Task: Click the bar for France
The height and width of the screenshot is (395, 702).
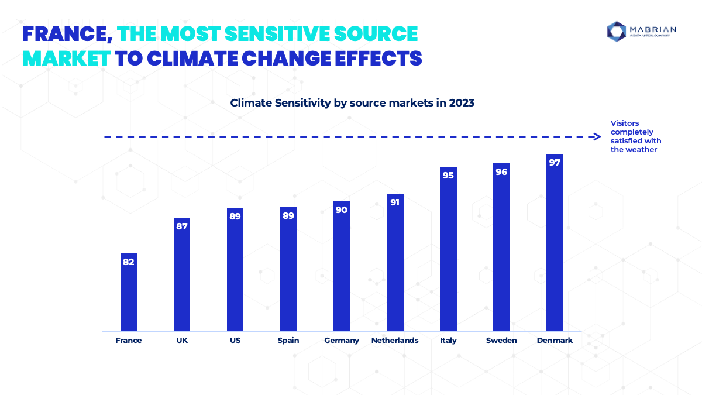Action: pyautogui.click(x=129, y=292)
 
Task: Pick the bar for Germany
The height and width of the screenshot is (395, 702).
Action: pyautogui.click(x=342, y=266)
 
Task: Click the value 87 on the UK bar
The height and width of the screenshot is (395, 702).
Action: pyautogui.click(x=182, y=226)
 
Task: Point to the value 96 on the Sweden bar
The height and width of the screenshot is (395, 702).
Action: pyautogui.click(x=501, y=172)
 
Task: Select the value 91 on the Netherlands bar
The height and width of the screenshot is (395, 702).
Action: pyautogui.click(x=395, y=202)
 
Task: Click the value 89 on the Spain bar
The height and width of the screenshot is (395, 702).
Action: pyautogui.click(x=288, y=216)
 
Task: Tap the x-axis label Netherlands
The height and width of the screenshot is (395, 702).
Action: pyautogui.click(x=395, y=341)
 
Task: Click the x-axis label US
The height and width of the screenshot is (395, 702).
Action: pyautogui.click(x=235, y=341)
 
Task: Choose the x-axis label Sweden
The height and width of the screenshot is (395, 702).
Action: pyautogui.click(x=501, y=341)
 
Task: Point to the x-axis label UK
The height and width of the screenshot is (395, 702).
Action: pyautogui.click(x=182, y=341)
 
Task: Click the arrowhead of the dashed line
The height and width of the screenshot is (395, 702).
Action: pyautogui.click(x=597, y=137)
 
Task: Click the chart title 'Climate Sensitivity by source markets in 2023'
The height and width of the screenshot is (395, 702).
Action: pyautogui.click(x=352, y=103)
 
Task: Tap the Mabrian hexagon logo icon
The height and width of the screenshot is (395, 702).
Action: pyautogui.click(x=617, y=32)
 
